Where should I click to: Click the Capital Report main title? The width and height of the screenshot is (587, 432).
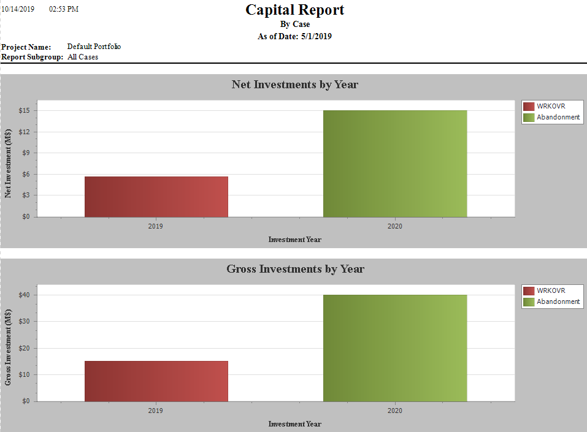point(294,10)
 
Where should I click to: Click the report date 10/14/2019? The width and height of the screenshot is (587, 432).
point(18,9)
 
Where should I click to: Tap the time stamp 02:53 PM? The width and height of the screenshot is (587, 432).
point(64,9)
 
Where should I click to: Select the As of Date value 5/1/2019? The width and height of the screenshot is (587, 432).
point(317,36)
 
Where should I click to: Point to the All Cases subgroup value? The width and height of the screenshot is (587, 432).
point(83,57)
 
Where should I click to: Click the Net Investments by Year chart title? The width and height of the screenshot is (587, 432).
point(294,85)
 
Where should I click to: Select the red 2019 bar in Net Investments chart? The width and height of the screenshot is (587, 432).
point(156,197)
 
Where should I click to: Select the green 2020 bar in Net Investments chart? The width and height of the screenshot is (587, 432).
point(395,164)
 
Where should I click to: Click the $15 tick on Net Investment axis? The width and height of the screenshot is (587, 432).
point(25,110)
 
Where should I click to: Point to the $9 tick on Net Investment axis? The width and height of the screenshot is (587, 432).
point(27,153)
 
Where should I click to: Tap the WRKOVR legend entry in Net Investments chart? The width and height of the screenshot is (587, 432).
point(550,106)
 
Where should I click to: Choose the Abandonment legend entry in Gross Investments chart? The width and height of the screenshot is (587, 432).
point(558,301)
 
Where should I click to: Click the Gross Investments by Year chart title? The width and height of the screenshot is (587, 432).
point(295,269)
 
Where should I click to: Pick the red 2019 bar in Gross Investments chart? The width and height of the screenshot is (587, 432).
point(156,381)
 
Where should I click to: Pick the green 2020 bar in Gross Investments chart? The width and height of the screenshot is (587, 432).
point(395,348)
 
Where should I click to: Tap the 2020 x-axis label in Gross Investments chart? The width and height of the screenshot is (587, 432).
point(395,411)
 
